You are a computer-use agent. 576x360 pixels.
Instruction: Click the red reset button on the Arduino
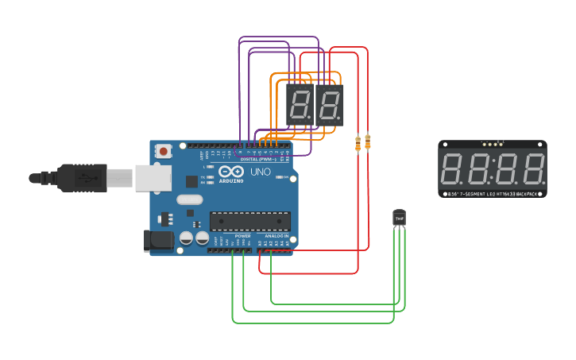pyautogui.click(x=164, y=150)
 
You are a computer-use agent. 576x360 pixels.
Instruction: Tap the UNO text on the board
pyautogui.click(x=261, y=172)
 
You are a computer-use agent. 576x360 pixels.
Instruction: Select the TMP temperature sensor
pyautogui.click(x=399, y=217)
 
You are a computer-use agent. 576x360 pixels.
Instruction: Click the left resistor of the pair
pyautogui.click(x=358, y=143)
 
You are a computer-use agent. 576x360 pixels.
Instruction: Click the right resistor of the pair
pyautogui.click(x=367, y=142)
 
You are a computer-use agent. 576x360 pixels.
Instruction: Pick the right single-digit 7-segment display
pyautogui.click(x=329, y=105)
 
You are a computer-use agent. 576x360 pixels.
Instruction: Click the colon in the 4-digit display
pyautogui.click(x=493, y=169)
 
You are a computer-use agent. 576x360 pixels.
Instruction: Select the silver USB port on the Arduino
pyautogui.click(x=153, y=178)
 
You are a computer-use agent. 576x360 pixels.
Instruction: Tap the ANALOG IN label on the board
pyautogui.click(x=276, y=236)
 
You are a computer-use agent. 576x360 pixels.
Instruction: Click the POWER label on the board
pyautogui.click(x=243, y=236)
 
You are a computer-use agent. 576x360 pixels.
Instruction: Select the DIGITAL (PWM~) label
pyautogui.click(x=258, y=159)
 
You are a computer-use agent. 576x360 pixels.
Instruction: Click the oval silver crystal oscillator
pyautogui.click(x=190, y=200)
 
